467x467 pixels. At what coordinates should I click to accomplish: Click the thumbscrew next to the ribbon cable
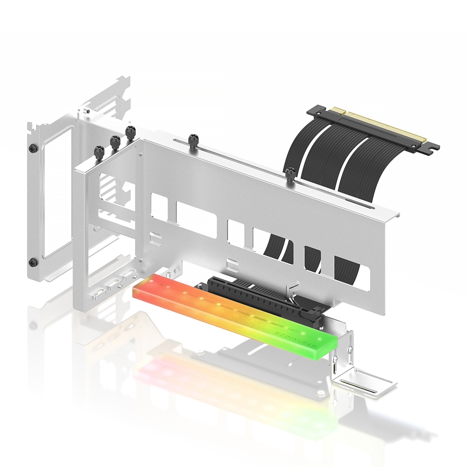pos(290,174)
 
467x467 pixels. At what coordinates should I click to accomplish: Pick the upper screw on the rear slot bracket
pos(32,148)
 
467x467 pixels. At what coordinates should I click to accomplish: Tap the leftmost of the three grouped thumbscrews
pos(99,151)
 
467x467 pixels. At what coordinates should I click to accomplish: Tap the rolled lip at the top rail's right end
pos(397,215)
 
